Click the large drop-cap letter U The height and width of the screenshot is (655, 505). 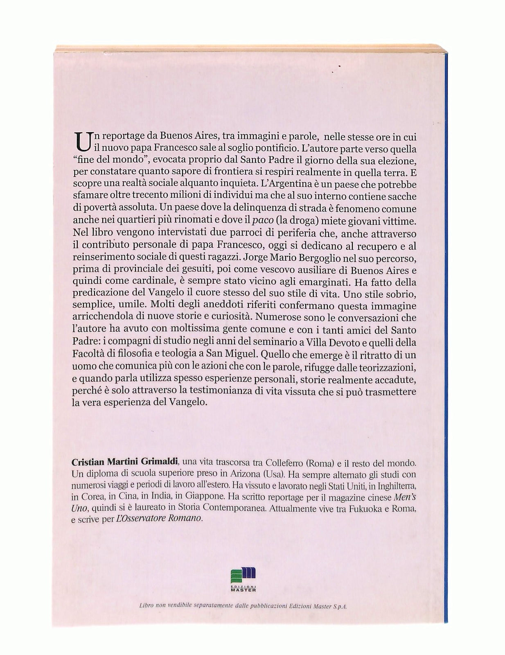[x=81, y=141]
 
